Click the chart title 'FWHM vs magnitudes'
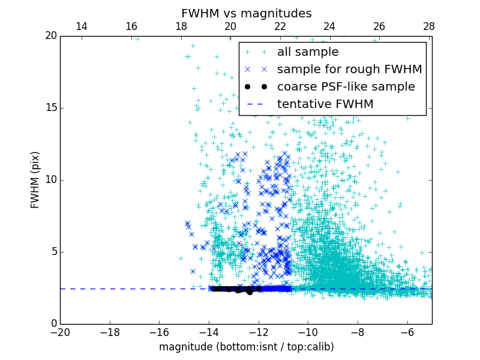246,13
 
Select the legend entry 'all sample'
308,52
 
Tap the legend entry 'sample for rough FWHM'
349,70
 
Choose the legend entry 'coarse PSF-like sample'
346,87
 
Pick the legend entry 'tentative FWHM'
325,104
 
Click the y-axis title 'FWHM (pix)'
35,179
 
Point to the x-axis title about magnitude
246,347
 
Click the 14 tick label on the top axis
81,26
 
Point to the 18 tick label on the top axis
181,26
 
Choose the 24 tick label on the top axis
329,26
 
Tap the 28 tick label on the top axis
428,26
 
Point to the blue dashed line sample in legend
256,104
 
